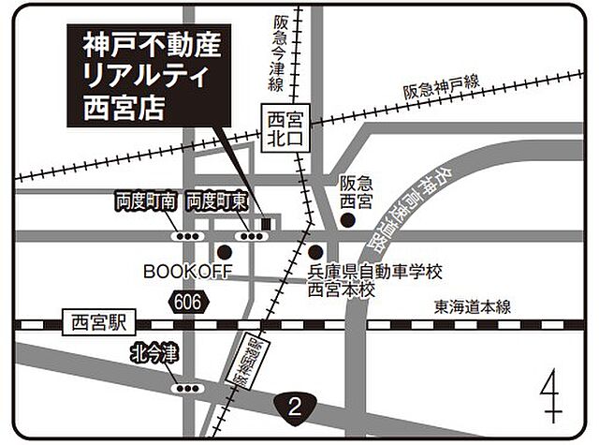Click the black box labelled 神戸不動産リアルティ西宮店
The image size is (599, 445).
coord(150,80)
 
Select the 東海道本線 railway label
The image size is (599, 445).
coord(472,307)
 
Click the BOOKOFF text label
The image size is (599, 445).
coord(187,271)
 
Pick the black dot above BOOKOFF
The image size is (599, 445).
coord(224,252)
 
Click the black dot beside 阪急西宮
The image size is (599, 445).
coord(346,220)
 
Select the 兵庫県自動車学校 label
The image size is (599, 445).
coord(374,272)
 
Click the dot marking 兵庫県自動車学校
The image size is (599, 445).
coord(315,252)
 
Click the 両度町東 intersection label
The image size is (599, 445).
coord(216,200)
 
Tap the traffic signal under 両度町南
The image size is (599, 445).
coord(187,236)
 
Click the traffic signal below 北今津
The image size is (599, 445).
coord(187,387)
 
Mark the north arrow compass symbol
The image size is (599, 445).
coord(552,393)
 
